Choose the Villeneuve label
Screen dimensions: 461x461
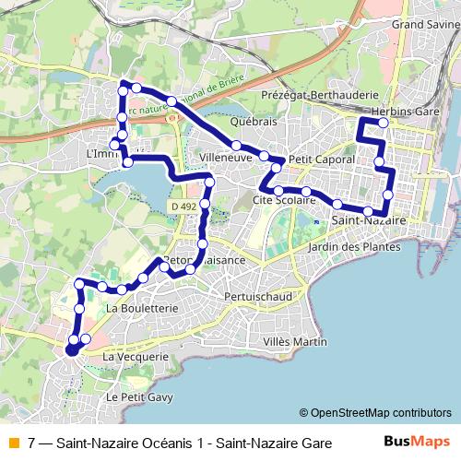[x=227, y=158]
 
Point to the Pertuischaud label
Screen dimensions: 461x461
[x=258, y=297]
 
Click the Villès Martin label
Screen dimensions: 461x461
[x=295, y=342]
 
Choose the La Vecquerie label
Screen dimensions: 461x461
[x=136, y=356]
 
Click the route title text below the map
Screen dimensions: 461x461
[x=180, y=443]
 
